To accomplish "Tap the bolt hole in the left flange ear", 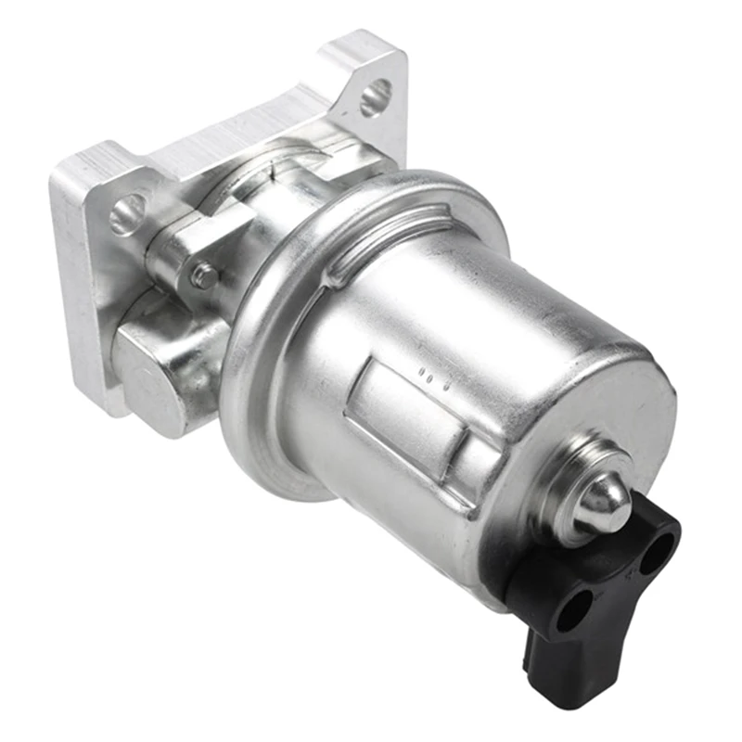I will pos(128,214).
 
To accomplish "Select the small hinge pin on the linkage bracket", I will pos(202,275).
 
